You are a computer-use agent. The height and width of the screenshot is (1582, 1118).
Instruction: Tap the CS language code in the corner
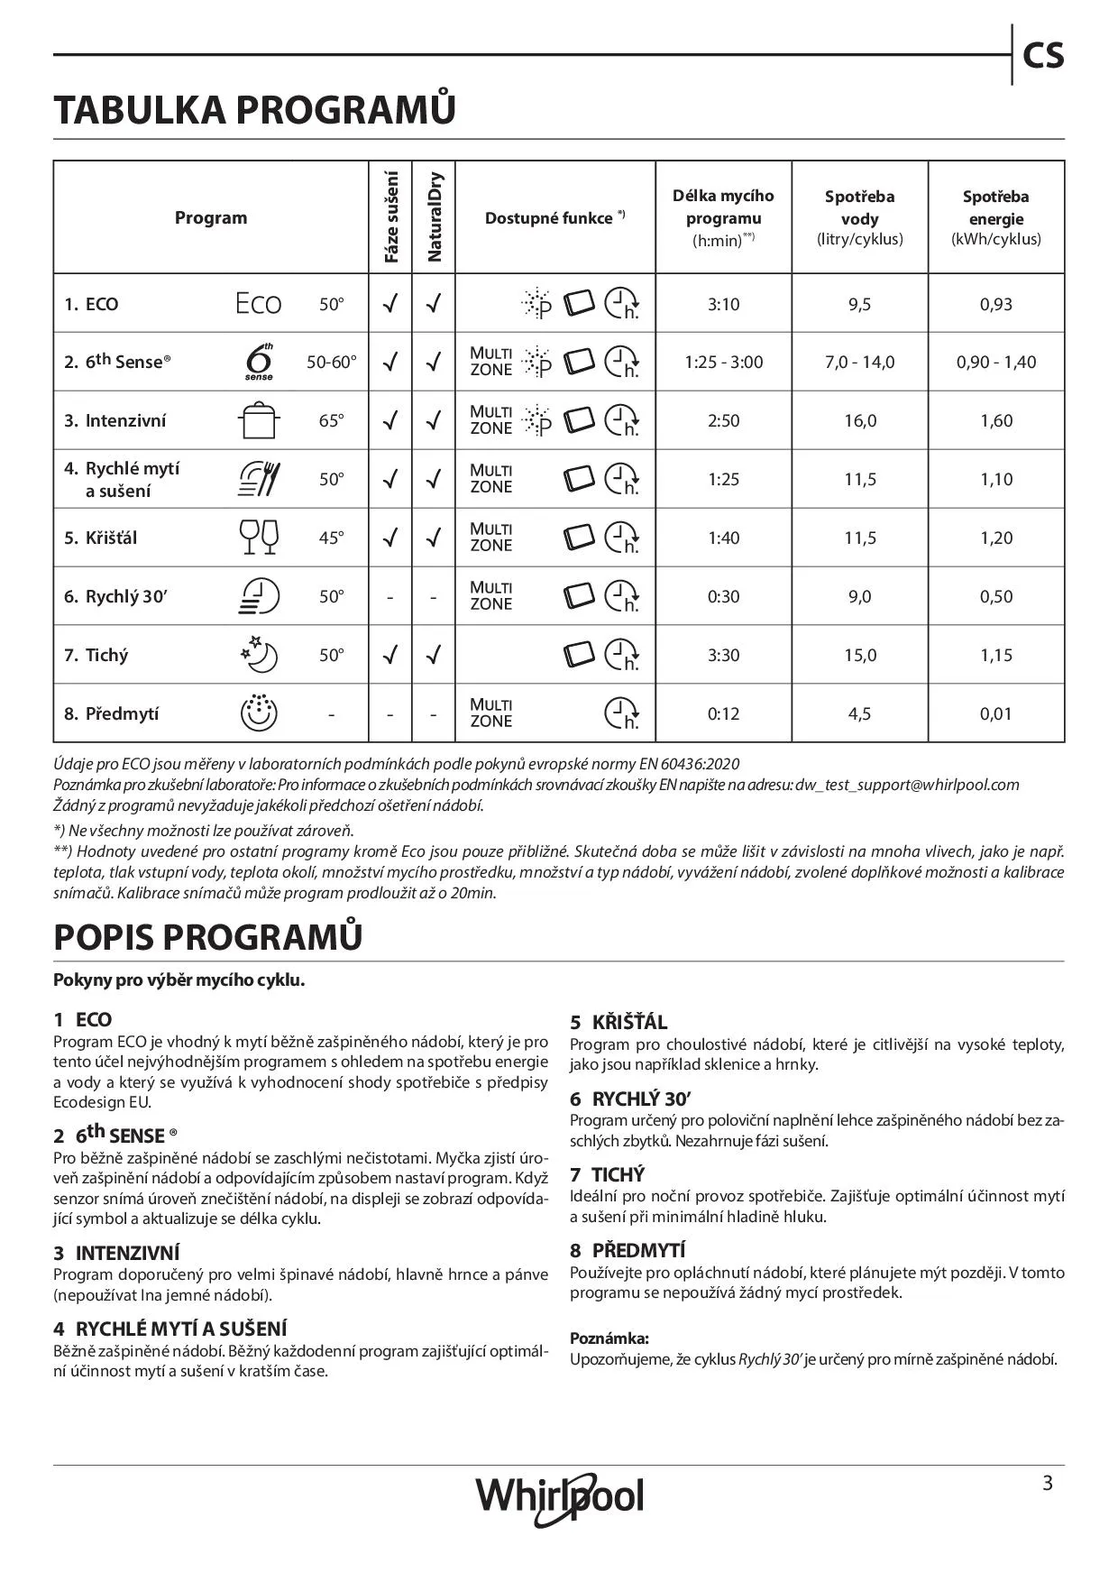click(1043, 56)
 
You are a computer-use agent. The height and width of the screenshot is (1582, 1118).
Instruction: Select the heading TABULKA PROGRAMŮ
click(254, 110)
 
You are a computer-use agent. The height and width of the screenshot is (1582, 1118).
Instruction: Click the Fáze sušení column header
click(390, 217)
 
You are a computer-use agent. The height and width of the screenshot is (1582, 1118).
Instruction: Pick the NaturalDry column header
click(435, 217)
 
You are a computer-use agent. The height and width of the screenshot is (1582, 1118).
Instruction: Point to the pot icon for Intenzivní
click(259, 420)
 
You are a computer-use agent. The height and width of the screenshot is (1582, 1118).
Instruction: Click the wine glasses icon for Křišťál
click(259, 538)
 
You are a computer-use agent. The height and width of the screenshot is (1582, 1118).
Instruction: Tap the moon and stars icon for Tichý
click(259, 655)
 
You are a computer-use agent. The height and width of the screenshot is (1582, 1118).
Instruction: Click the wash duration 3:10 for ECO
click(723, 305)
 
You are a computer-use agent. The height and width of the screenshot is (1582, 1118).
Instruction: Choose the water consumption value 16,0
click(859, 421)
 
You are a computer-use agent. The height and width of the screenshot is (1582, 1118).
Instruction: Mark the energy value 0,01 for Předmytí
click(995, 714)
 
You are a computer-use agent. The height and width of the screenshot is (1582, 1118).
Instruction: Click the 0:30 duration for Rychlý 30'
click(723, 597)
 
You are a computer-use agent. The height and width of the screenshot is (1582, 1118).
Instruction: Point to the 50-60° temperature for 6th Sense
click(331, 363)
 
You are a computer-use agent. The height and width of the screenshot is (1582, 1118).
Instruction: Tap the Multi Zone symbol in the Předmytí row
click(490, 713)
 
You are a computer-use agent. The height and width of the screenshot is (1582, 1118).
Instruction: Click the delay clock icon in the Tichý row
click(621, 655)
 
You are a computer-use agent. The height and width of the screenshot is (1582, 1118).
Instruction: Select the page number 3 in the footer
click(1047, 1483)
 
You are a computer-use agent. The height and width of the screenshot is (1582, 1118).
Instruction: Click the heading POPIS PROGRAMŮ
click(208, 938)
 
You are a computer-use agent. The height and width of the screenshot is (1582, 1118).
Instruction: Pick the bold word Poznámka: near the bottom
click(609, 1338)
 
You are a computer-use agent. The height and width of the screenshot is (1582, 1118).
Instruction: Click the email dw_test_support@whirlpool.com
click(907, 785)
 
